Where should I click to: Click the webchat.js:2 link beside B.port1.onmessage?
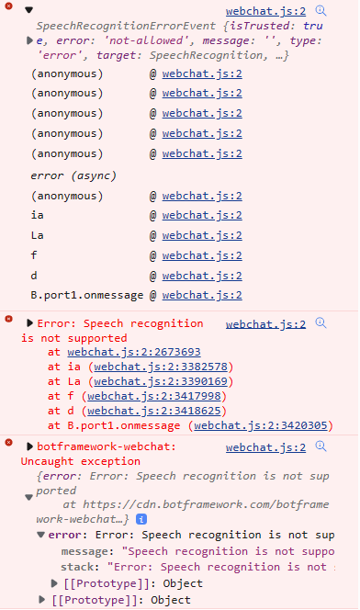202,296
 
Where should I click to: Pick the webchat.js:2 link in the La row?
202,235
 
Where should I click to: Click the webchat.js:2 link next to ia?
202,215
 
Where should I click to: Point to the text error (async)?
72,175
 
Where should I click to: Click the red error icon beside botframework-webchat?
9,446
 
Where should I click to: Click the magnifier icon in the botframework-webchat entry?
321,446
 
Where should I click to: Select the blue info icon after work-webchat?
141,519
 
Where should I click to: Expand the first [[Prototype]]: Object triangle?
54,583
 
